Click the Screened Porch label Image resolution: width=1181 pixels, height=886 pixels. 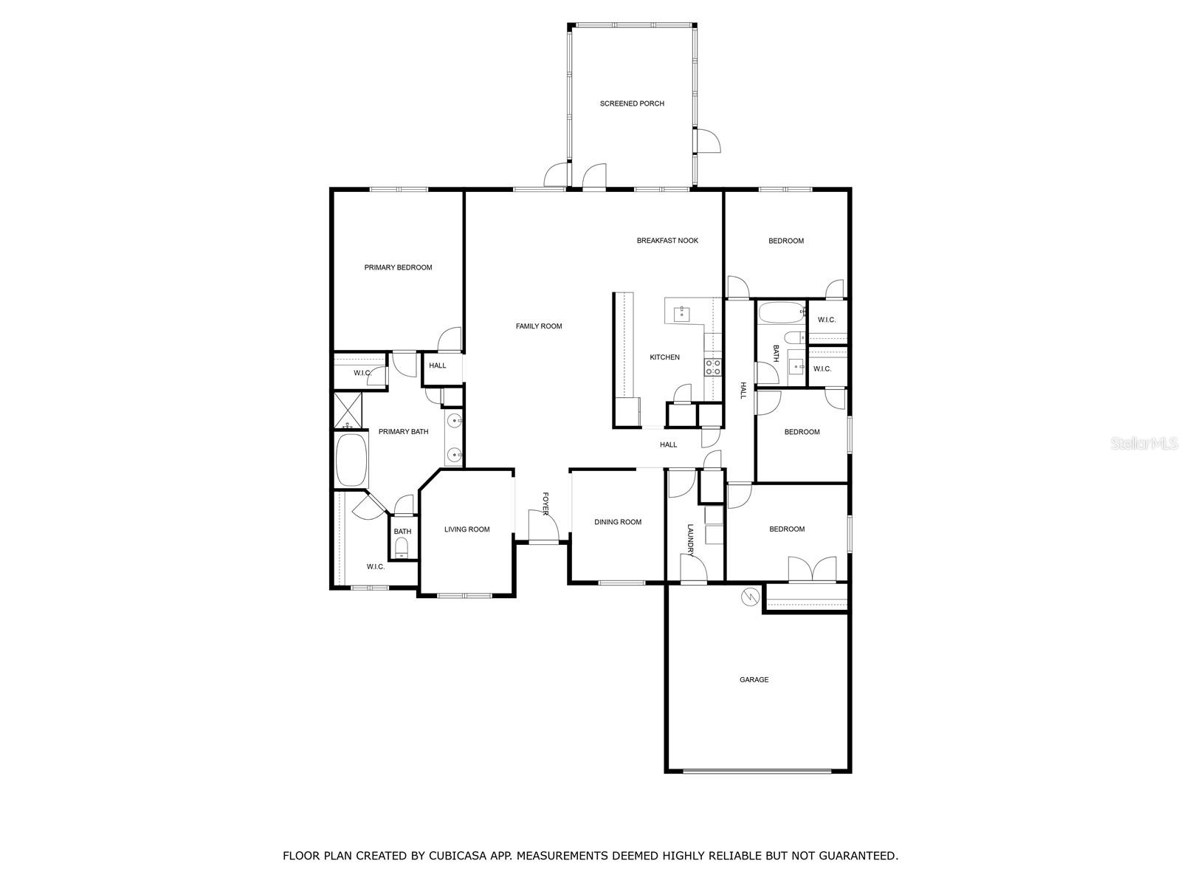632,103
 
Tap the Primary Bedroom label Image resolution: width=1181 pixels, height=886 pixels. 398,267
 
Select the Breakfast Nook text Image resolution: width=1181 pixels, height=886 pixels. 667,241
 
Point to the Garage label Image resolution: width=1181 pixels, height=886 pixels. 754,679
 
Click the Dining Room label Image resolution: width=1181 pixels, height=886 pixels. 618,522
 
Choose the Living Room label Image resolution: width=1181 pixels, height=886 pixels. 466,529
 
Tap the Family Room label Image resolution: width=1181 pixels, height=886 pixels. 539,326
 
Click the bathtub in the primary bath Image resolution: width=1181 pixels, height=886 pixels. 351,460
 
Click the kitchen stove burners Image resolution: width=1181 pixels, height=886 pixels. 713,367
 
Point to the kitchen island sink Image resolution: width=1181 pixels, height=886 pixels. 681,314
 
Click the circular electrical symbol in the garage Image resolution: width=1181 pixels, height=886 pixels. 750,597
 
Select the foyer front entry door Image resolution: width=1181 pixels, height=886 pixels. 542,525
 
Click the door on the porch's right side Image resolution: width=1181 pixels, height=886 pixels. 708,141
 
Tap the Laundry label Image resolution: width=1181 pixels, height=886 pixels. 691,540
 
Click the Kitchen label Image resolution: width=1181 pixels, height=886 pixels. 664,357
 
